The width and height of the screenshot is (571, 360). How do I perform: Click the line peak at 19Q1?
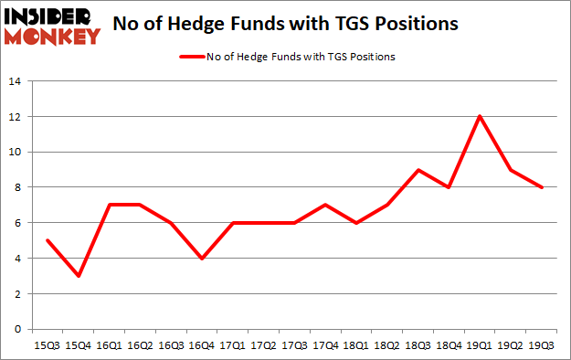[x=478, y=116]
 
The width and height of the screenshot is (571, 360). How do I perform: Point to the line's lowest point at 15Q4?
[x=78, y=275]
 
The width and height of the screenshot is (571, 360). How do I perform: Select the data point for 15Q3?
[x=47, y=240]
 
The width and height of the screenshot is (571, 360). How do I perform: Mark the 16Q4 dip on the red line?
[x=201, y=258]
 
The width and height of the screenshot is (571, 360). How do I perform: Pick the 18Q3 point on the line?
[x=417, y=170]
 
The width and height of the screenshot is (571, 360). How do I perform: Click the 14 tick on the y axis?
[x=16, y=81]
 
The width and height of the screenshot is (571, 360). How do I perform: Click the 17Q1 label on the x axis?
[x=232, y=346]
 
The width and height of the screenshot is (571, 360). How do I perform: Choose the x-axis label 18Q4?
[x=448, y=346]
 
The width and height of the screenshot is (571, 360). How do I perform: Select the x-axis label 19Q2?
[x=509, y=346]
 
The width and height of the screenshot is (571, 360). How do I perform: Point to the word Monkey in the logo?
[x=52, y=37]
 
